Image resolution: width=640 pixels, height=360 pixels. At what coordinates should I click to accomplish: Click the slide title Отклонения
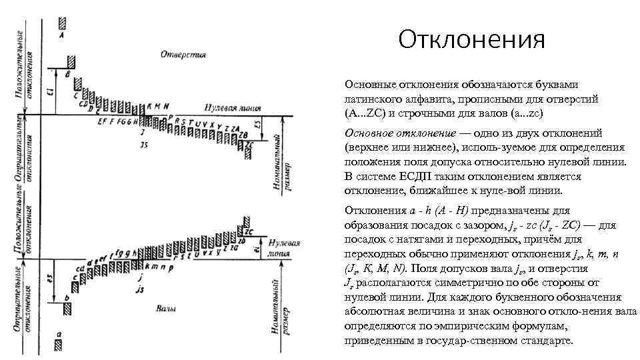coord(471,41)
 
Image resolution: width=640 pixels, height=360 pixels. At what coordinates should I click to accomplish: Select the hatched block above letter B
coord(71,62)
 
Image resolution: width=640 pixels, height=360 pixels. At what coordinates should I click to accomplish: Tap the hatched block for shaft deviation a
coord(59,345)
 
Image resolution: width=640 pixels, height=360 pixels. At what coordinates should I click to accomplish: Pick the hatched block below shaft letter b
coord(67,309)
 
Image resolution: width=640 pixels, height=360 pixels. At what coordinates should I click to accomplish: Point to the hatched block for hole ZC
coord(249,152)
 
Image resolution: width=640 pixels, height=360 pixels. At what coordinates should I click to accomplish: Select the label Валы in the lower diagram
coord(166,309)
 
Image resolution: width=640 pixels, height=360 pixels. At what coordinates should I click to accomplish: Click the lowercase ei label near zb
coord(256,249)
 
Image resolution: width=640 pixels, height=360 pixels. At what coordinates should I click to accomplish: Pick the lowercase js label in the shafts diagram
coord(139,289)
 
